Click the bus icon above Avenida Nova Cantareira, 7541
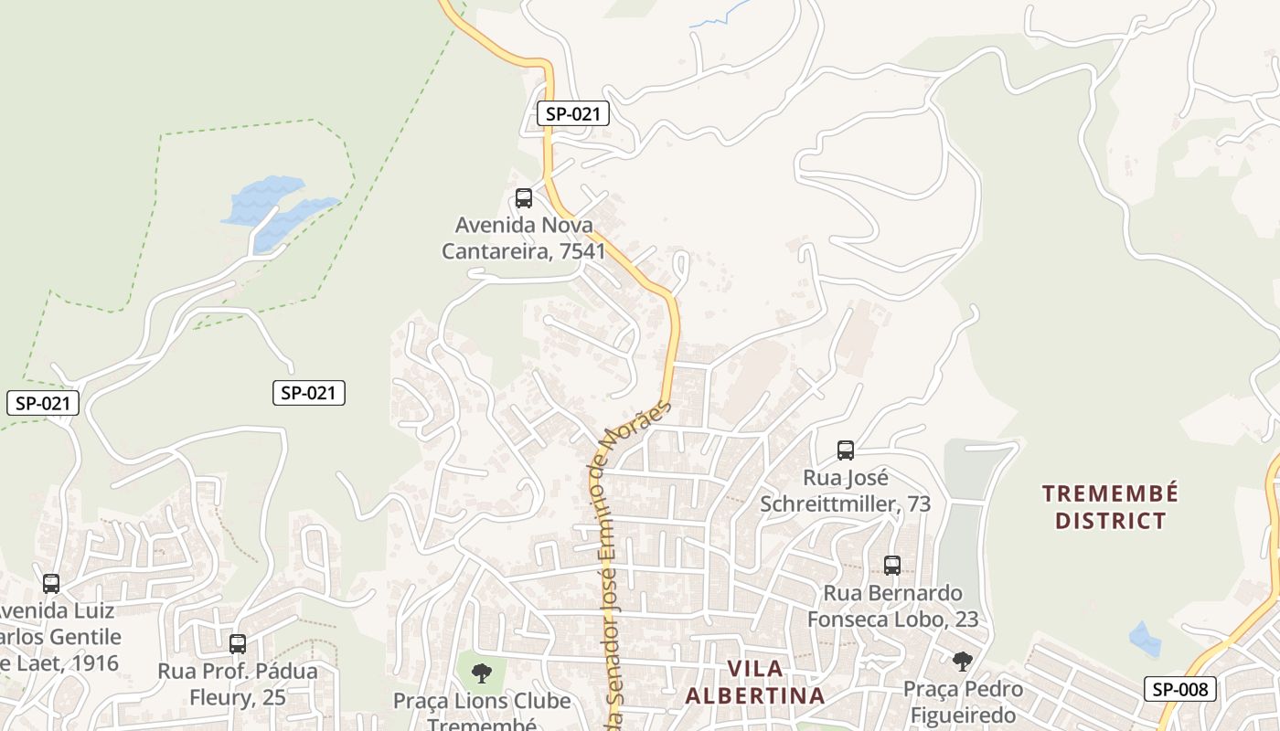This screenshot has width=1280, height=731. click(524, 197)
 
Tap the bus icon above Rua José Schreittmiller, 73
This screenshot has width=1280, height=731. click(846, 450)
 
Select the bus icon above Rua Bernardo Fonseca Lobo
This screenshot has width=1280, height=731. click(892, 566)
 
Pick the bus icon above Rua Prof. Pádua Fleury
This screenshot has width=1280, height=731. click(238, 643)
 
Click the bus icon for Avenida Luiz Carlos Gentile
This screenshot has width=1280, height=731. click(51, 583)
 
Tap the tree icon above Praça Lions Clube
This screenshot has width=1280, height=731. click(482, 674)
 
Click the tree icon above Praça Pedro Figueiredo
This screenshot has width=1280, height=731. click(962, 661)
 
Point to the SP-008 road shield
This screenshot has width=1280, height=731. click(1180, 689)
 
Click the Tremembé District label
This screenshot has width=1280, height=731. click(1110, 507)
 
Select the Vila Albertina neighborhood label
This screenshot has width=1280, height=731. click(754, 682)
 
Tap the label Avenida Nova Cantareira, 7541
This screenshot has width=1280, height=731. click(523, 238)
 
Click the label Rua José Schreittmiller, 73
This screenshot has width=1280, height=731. click(846, 491)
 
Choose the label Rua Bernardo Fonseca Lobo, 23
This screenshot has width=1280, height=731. click(892, 606)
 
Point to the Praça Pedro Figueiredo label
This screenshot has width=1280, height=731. click(963, 701)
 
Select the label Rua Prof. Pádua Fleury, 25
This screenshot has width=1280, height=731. click(238, 684)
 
